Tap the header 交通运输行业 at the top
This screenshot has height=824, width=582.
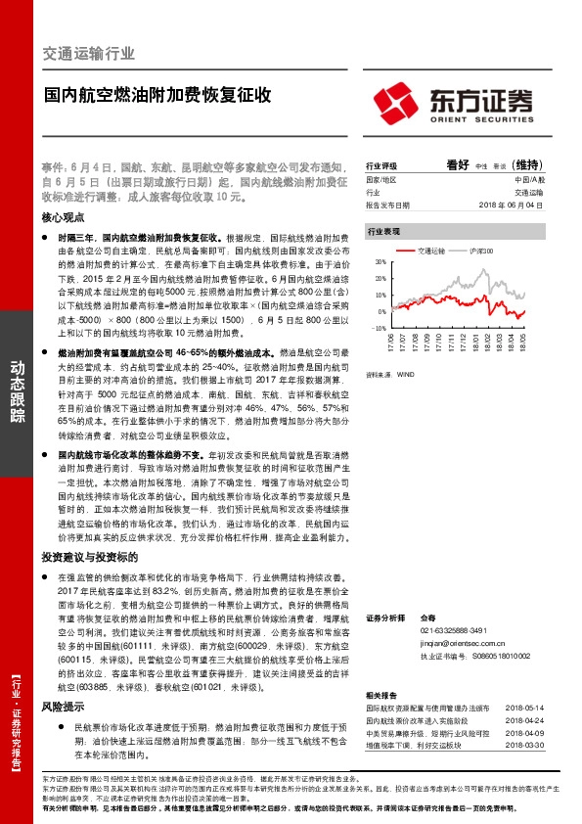pos(90,53)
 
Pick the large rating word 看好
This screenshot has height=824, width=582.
pos(459,165)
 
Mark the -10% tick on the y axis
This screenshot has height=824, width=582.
pos(379,329)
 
